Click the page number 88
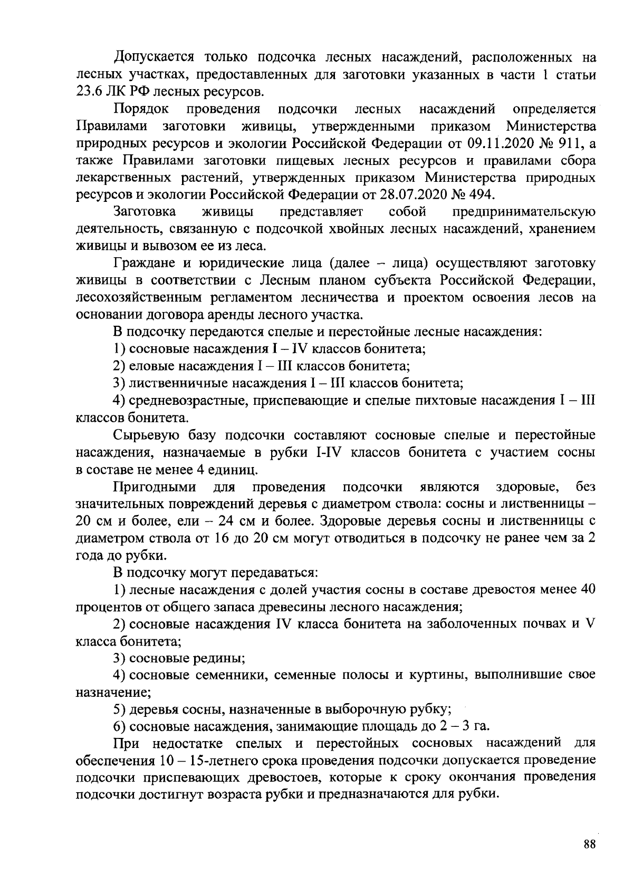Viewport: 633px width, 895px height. [x=590, y=844]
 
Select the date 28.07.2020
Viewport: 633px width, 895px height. [x=412, y=194]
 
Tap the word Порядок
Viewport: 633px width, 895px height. [x=141, y=109]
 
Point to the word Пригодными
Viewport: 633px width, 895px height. [x=155, y=486]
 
